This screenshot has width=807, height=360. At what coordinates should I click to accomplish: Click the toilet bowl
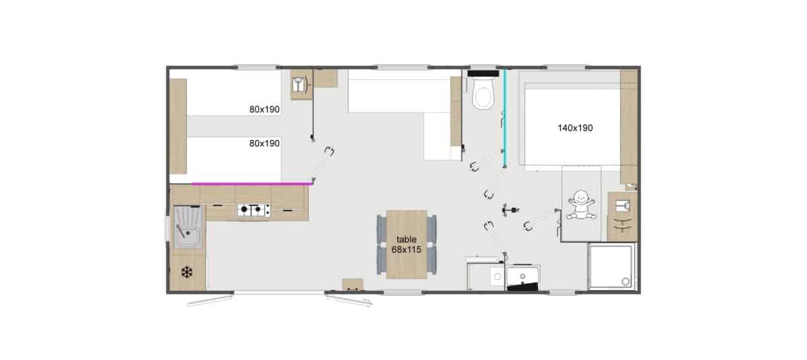[x=483, y=94]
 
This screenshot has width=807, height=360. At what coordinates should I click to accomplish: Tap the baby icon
[x=581, y=205]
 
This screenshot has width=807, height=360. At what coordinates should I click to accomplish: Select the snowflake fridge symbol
[x=187, y=272]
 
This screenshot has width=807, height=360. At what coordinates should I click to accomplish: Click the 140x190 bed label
[x=575, y=128]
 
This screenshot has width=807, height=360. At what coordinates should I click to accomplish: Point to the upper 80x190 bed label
[x=264, y=109]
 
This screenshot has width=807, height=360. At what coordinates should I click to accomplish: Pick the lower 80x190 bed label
[x=264, y=143]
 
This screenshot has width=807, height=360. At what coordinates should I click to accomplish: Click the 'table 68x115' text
[x=406, y=244]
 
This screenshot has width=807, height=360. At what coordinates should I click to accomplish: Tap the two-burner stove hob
[x=254, y=210]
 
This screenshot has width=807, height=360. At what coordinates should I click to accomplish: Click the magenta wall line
[x=252, y=184]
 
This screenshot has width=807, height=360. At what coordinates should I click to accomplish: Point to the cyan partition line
[x=505, y=118]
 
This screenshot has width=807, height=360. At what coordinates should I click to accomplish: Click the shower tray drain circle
[x=625, y=281]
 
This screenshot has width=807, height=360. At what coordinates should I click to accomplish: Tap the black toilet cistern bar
[x=483, y=73]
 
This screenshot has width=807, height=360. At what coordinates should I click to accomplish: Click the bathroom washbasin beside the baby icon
[x=623, y=206]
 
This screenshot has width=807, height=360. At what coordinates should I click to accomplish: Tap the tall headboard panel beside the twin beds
[x=178, y=126]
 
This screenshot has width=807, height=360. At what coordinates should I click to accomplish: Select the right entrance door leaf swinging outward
[x=349, y=301]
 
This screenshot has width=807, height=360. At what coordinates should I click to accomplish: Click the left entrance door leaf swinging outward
[x=210, y=301]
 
